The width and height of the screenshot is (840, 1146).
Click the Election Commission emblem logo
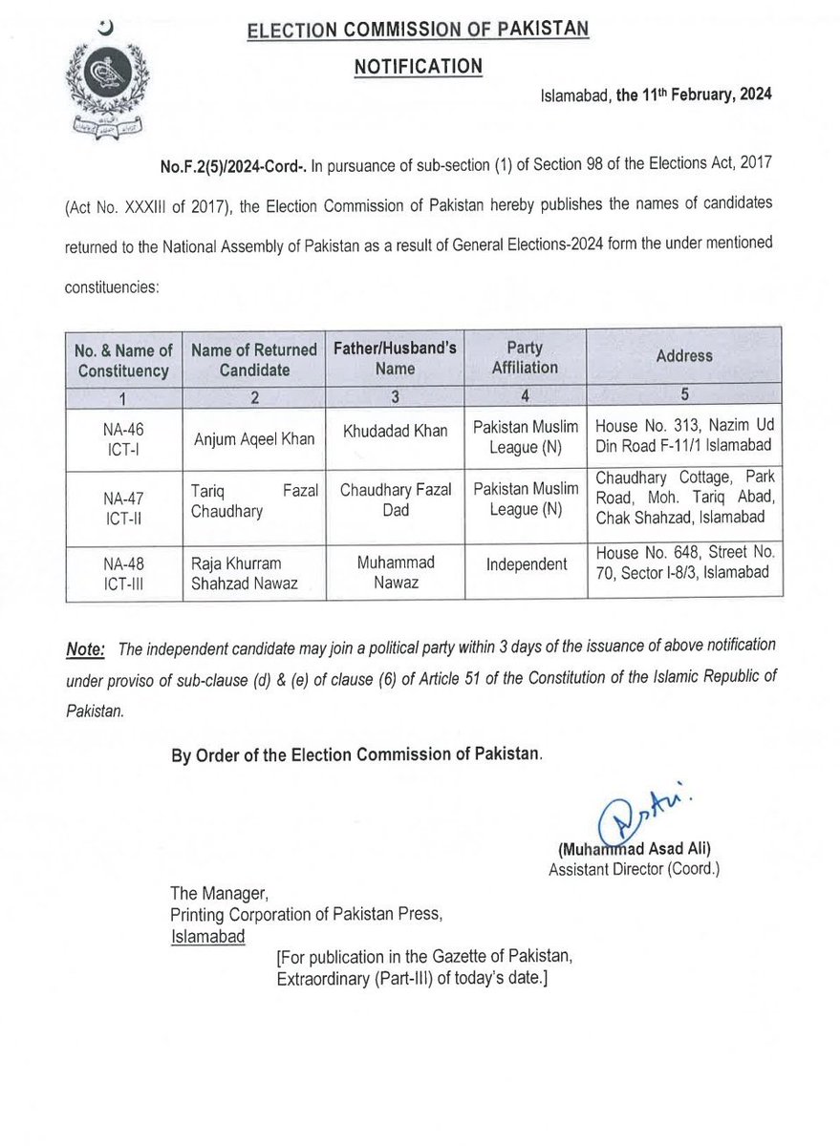point(101,79)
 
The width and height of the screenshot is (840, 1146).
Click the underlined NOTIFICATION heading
point(419,66)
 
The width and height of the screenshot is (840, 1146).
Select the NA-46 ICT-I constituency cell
point(123,440)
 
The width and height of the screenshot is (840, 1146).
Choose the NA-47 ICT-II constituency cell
point(123,507)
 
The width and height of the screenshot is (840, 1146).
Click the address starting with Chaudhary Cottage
point(684,498)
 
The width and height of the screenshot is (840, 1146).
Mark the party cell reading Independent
point(525,563)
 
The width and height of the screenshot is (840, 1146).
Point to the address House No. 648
point(684,562)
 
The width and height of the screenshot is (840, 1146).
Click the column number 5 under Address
point(684,393)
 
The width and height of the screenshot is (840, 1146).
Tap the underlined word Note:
point(83,648)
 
